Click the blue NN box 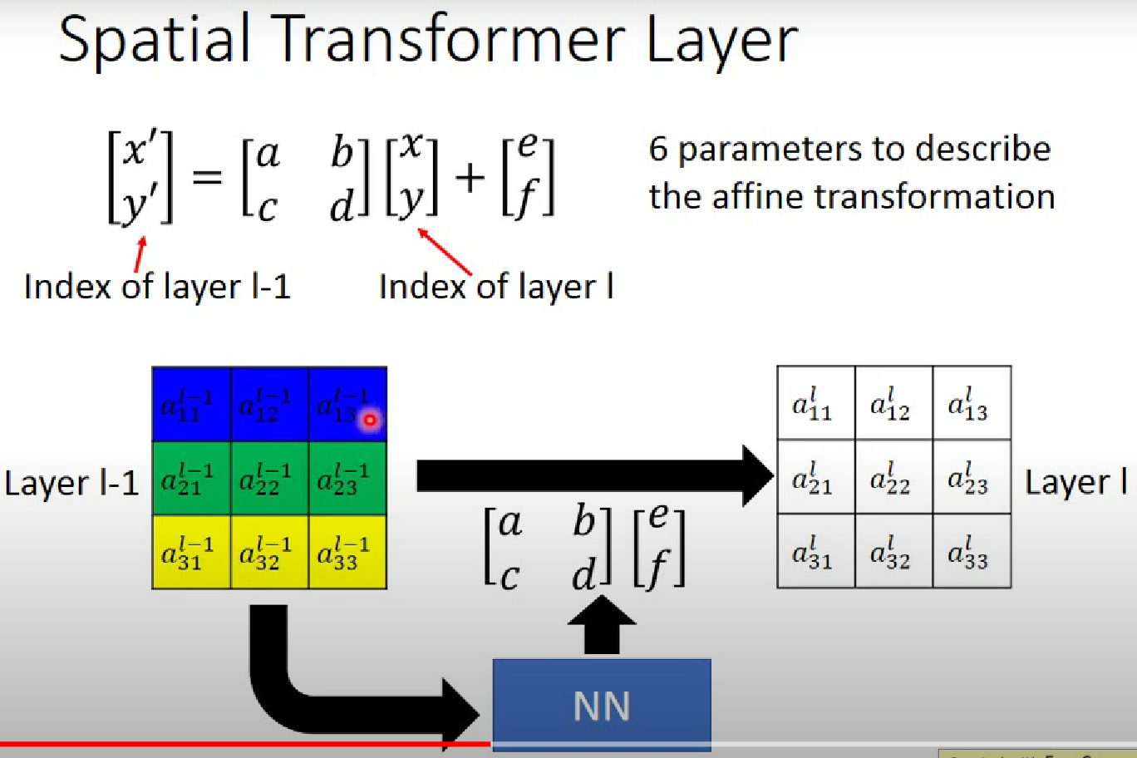coord(602,704)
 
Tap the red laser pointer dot coord(370,420)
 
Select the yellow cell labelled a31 coord(191,553)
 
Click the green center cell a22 coord(269,478)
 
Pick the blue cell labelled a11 coord(191,404)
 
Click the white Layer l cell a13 coord(972,402)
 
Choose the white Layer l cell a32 coord(893,551)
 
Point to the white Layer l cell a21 coord(816,477)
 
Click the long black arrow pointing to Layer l coord(595,475)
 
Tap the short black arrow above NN coord(602,625)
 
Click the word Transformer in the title coord(452,40)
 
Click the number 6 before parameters coord(658,150)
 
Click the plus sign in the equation coord(470,178)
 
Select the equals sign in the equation coord(208,177)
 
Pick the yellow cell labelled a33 coord(347,553)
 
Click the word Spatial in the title coord(155,41)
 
